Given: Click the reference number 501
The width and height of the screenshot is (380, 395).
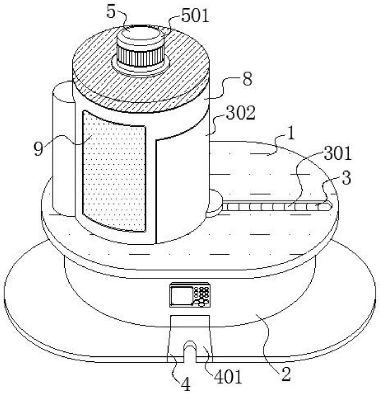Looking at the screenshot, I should (195, 16).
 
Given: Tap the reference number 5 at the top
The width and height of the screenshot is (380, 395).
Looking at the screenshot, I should (111, 12).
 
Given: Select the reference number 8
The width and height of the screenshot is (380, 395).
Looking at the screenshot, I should (247, 79).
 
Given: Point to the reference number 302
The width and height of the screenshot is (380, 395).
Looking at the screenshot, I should (241, 113).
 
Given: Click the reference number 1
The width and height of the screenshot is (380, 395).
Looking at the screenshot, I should (290, 134).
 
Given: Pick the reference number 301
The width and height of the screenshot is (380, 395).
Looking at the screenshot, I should (337, 154).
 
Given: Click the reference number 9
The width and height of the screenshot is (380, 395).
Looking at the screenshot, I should (38, 149).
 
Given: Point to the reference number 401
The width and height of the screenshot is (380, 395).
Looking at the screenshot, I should (228, 377).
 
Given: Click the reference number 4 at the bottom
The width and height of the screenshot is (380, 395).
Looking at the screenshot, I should (186, 384).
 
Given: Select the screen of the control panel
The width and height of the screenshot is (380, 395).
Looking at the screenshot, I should (181, 295).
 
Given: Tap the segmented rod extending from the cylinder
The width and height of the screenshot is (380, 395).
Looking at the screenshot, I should (277, 207).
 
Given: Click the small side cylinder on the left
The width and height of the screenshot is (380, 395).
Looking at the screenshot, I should (63, 148).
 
